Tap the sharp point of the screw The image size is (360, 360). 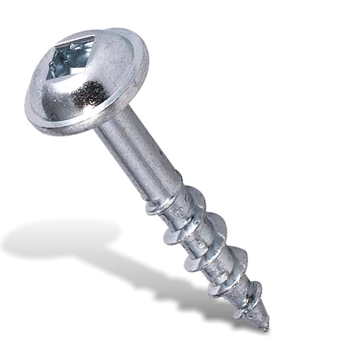pos(266,328)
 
